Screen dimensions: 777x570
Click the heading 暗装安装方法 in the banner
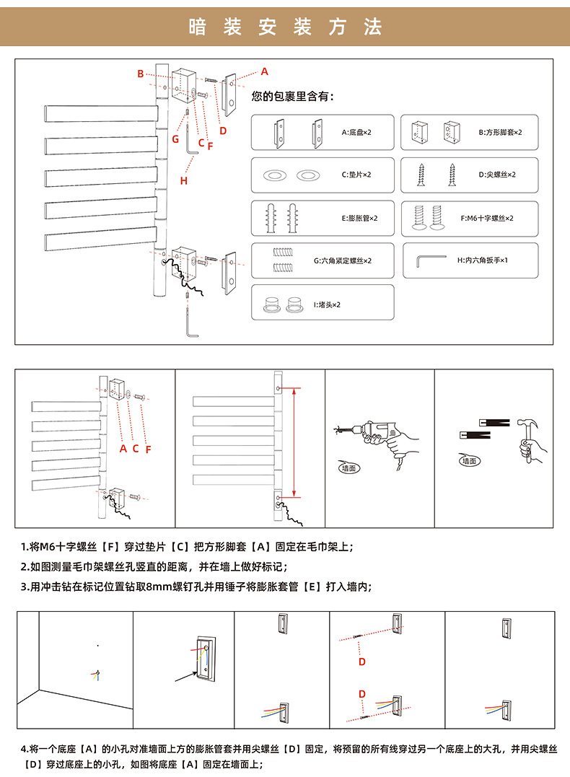pos(285,27)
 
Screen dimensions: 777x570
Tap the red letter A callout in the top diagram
pos(265,71)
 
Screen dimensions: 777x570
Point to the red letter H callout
pos(184,180)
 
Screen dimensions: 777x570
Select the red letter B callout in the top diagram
pos(141,74)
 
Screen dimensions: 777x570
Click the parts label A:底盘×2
pos(356,133)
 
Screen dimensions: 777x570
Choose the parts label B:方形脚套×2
pos(500,133)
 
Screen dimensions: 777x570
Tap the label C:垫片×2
pos(356,175)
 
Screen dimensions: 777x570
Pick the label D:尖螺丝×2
pos(498,175)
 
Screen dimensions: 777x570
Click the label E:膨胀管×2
pos(359,218)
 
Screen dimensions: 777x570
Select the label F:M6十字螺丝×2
pos(487,218)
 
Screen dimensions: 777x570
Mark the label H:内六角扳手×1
pos(483,260)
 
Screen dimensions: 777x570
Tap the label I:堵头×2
pos(327,304)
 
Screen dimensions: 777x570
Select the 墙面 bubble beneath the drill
pos(348,467)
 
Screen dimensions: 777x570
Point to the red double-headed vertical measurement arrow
pos(294,442)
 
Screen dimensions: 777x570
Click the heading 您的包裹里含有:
pos(293,97)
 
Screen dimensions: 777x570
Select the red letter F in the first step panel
pos(148,449)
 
